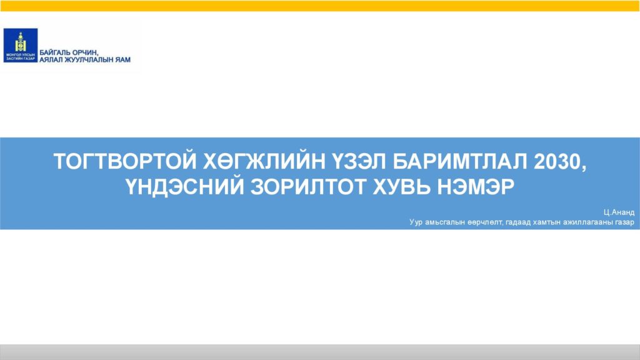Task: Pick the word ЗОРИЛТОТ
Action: pos(308,187)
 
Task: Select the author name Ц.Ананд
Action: pos(619,212)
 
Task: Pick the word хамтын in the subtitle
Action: pos(547,222)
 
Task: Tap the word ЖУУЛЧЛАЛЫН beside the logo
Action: pos(89,60)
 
